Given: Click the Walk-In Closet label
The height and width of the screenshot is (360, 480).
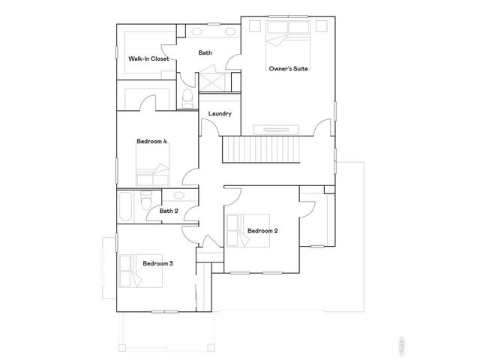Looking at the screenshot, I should (x=148, y=58).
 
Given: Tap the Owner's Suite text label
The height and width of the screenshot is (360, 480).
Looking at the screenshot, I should (x=289, y=68).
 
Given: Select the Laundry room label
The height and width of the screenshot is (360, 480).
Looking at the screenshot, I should (x=220, y=114).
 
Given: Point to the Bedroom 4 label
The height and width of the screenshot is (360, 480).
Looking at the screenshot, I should (x=151, y=142).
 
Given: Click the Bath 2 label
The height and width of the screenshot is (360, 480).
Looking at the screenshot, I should (x=168, y=211).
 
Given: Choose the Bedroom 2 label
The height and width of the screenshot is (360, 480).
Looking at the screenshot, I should (x=262, y=230).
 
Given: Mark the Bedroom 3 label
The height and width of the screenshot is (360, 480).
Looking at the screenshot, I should (x=158, y=263).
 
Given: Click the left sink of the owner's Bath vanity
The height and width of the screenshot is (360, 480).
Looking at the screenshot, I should (x=198, y=32).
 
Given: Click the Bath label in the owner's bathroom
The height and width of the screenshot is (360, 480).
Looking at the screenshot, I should (x=205, y=52).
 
